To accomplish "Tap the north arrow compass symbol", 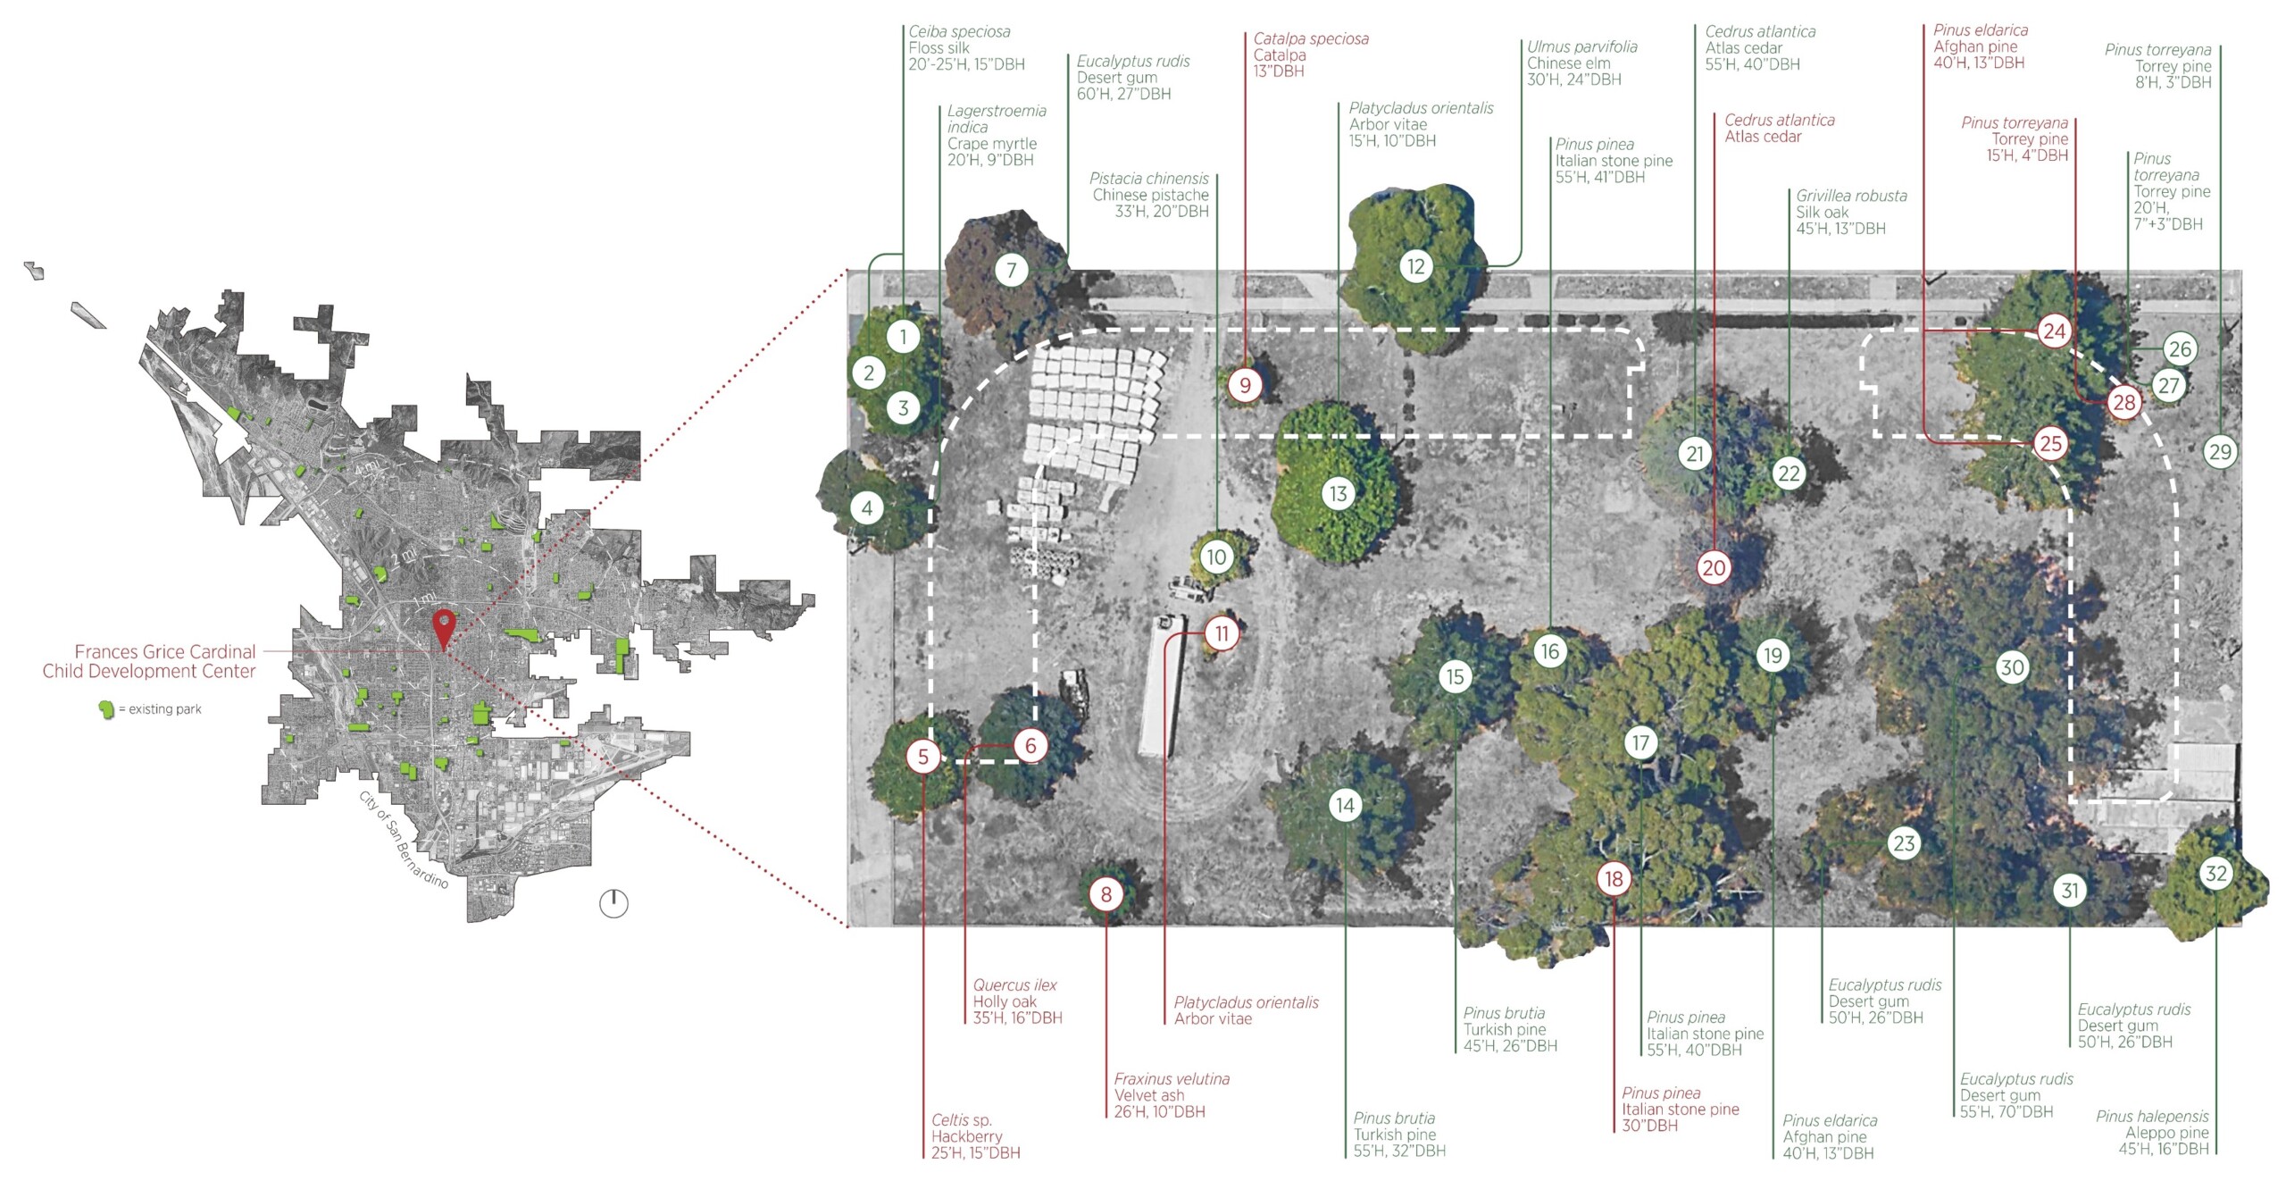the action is click(x=613, y=903).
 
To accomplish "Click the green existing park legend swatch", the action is click(x=107, y=709).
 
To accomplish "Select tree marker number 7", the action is click(x=1012, y=270).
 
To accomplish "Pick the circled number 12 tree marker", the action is click(x=1416, y=266).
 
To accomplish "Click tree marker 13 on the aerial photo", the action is click(x=1338, y=493).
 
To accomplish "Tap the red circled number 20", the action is click(x=1714, y=567).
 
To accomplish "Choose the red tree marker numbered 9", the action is click(x=1245, y=385).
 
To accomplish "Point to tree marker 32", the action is click(x=2215, y=873).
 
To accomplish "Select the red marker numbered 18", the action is click(x=1614, y=879).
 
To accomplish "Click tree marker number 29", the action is click(x=2220, y=451).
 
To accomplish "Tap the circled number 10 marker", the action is click(x=1216, y=557).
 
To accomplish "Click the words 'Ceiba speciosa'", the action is click(x=959, y=31).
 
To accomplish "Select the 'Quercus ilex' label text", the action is click(x=1014, y=984).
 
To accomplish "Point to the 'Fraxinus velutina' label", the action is click(x=1172, y=1078).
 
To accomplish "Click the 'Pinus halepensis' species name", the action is click(x=2152, y=1116).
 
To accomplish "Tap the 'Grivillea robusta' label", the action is click(x=1851, y=196).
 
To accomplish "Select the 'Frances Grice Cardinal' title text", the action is click(x=165, y=651).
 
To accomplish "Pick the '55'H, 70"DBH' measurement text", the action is click(x=2007, y=1111).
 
